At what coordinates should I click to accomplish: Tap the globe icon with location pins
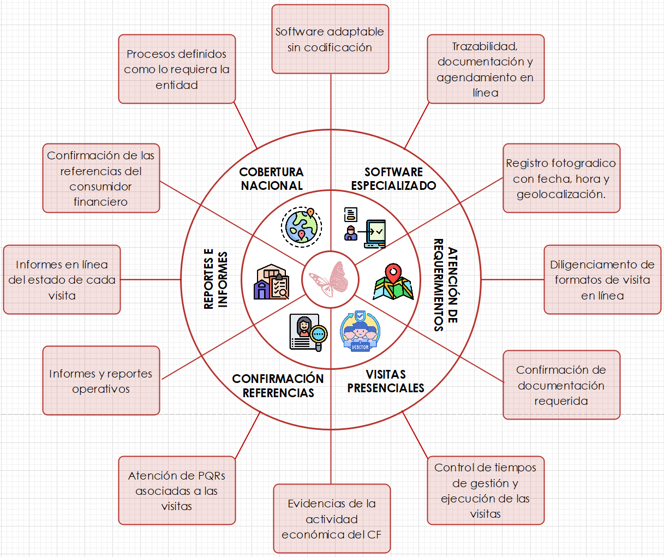tap(301, 225)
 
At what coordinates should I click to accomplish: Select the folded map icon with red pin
tap(393, 283)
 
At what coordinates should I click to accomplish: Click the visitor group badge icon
tap(360, 332)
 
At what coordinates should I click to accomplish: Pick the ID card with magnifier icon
tap(308, 333)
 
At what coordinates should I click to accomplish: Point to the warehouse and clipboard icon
tap(271, 282)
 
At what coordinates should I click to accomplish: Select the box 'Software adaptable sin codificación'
tap(330, 39)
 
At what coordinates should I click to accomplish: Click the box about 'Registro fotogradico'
tap(561, 178)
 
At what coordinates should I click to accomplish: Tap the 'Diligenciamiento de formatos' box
tap(602, 280)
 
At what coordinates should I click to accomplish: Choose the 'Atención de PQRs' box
tap(177, 490)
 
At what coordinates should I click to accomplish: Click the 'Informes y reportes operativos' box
tap(101, 381)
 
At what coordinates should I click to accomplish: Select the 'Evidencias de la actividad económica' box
tap(332, 519)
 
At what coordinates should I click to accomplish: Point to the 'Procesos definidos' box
tap(177, 69)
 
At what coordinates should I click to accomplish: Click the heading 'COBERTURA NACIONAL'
tap(272, 179)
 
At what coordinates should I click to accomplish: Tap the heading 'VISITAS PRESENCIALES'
tap(386, 381)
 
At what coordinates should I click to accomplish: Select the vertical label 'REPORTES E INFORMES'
tap(216, 280)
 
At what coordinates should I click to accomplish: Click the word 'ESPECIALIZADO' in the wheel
tap(393, 186)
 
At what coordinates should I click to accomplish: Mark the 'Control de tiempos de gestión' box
tap(486, 490)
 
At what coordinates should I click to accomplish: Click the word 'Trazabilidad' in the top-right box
tap(485, 46)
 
